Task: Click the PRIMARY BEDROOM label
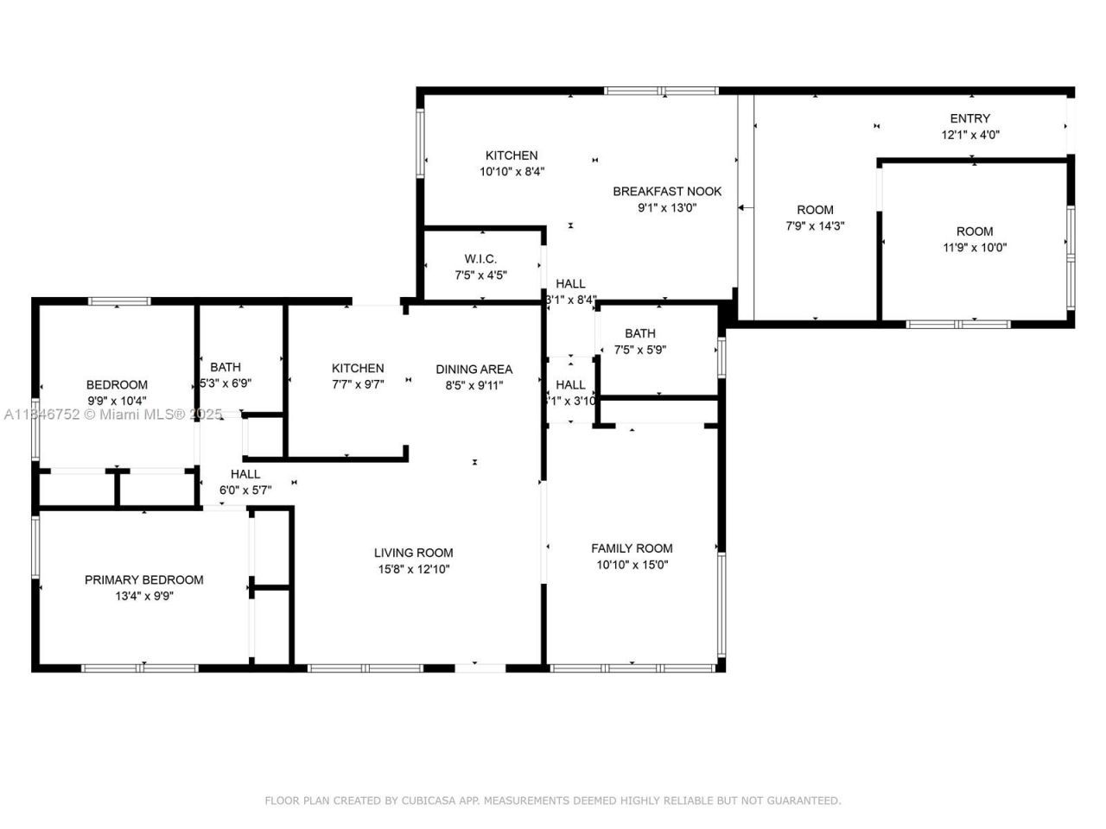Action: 144,579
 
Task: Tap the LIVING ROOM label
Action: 413,553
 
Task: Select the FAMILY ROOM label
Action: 632,547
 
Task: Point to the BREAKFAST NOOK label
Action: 667,191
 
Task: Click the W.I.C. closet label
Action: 480,258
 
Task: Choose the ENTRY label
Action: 970,118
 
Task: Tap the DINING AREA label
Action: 474,369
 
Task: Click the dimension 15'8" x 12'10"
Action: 413,569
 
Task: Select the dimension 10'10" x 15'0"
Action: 632,565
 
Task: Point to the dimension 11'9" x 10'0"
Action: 975,248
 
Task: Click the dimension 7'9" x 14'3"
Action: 815,226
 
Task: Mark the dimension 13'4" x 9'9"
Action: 144,596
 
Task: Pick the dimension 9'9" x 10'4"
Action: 117,401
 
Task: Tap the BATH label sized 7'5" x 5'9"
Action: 640,333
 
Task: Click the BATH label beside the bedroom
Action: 226,367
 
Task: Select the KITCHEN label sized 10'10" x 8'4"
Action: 512,155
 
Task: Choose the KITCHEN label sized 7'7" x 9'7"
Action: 358,368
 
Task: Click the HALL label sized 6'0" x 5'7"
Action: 245,473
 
